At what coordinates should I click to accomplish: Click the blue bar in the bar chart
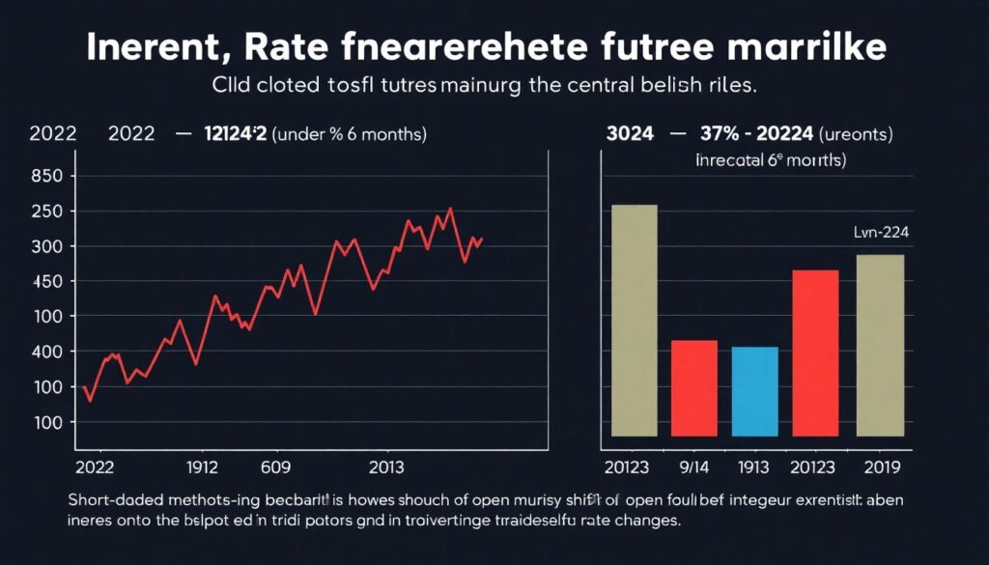coord(754,391)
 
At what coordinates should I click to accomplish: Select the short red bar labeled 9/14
coord(693,388)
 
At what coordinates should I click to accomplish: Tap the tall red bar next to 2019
coord(815,353)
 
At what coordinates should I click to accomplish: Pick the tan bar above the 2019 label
coord(880,345)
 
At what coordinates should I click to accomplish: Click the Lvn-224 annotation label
coord(881,232)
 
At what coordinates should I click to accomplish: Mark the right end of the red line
coord(481,239)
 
